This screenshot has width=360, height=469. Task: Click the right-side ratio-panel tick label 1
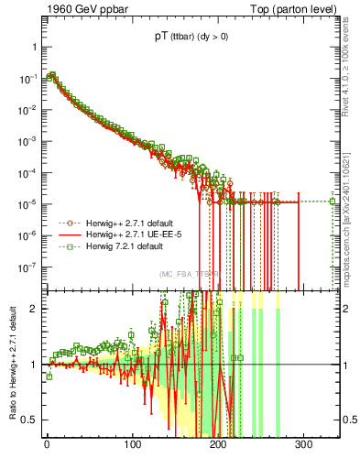pos(346,365)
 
